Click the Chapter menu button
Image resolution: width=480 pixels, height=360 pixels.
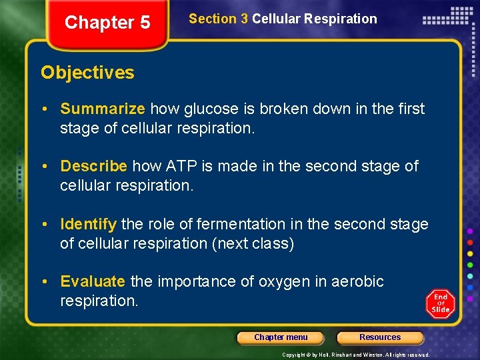281,337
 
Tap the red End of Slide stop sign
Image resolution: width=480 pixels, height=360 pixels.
441,304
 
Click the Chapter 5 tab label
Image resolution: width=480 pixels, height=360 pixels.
107,23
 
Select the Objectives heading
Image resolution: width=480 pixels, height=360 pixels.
87,73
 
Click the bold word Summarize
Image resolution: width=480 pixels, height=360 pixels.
103,109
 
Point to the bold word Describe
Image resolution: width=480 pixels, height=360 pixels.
94,166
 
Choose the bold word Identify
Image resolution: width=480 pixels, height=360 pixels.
89,224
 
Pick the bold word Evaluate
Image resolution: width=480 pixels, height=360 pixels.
93,281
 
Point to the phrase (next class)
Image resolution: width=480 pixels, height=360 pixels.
253,243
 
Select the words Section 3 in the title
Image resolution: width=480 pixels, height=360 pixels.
219,19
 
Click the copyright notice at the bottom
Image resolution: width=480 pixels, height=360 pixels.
355,355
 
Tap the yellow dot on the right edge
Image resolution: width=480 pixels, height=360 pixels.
470,253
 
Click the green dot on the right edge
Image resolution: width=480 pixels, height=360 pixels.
470,264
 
